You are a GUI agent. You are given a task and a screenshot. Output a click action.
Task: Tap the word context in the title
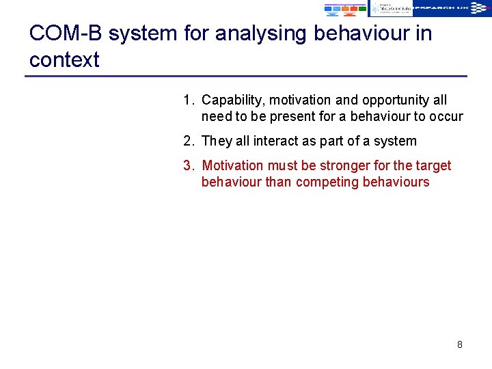64,60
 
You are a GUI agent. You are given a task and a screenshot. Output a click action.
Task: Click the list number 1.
188,100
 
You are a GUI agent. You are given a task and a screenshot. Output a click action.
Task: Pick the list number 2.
188,141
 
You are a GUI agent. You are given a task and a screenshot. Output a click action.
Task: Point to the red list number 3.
188,166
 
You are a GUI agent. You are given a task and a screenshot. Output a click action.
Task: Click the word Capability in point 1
231,100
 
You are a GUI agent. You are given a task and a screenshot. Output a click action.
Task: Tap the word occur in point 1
446,117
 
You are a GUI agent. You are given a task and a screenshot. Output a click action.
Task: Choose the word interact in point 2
277,141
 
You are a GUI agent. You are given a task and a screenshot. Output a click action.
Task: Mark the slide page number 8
459,344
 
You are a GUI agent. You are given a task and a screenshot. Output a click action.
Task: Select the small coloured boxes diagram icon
345,8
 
